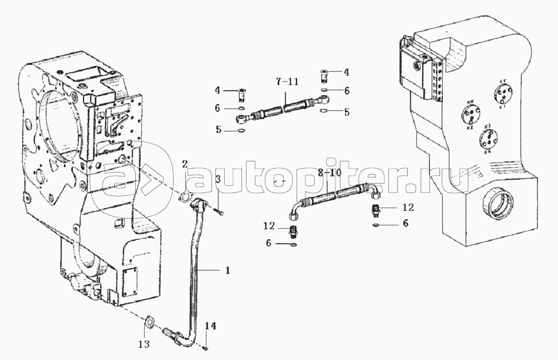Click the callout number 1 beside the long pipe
[x=227, y=270]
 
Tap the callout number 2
[x=185, y=163]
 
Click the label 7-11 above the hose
[x=287, y=82]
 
